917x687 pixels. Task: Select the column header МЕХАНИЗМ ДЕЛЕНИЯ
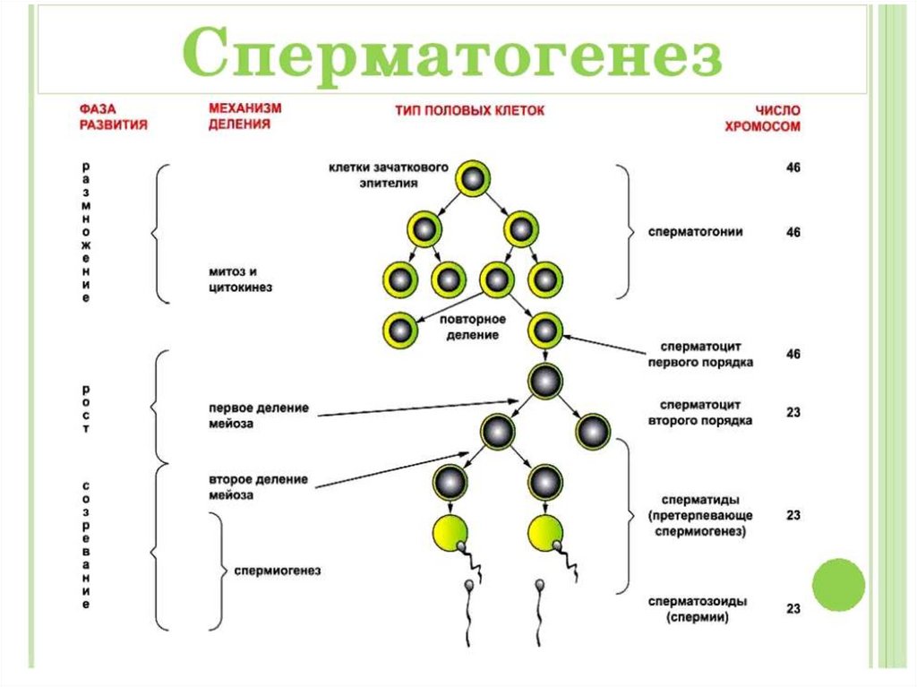point(244,116)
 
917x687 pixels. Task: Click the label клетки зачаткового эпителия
point(387,175)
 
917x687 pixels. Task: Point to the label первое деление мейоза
point(259,416)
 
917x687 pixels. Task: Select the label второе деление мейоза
point(259,485)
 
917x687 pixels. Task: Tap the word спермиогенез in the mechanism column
point(277,571)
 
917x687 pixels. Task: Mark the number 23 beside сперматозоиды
point(793,609)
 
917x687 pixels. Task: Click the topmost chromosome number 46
point(793,168)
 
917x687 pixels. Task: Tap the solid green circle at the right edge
point(838,584)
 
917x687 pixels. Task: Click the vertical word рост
point(86,409)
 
